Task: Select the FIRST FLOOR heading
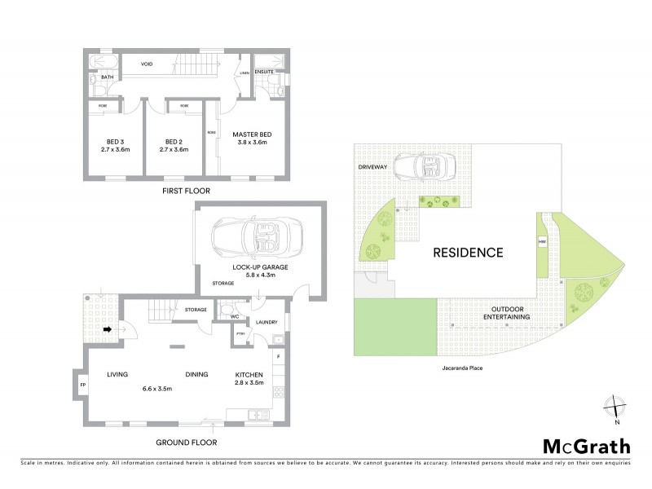(185, 191)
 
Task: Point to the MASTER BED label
(252, 134)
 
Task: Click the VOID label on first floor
(148, 64)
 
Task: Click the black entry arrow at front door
(107, 330)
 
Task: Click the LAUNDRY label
(268, 323)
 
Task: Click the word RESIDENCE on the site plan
(466, 252)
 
